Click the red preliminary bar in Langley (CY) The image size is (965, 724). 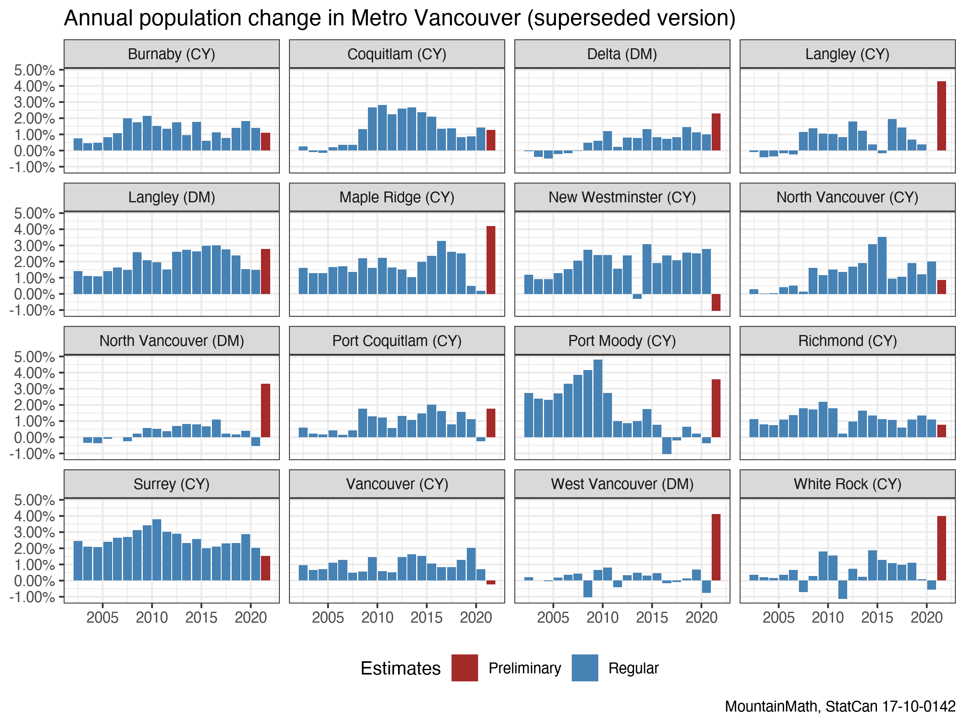tap(941, 116)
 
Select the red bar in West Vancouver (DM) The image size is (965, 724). tap(716, 547)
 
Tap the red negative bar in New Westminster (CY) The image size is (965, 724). tap(716, 302)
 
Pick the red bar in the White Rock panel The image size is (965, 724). tap(941, 548)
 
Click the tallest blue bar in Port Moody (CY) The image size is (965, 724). tap(597, 398)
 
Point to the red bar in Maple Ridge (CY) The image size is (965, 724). tap(491, 260)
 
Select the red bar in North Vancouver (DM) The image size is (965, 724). tap(265, 410)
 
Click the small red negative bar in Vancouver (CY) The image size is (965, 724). tap(491, 582)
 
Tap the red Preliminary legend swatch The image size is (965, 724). tap(465, 668)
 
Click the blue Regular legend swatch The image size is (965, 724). tap(585, 668)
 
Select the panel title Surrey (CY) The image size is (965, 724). tap(171, 484)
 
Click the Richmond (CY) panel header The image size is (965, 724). tap(847, 340)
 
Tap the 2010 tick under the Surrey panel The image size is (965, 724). tap(152, 617)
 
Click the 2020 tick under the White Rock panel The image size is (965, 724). tap(927, 617)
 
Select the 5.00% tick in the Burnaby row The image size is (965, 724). tap(35, 70)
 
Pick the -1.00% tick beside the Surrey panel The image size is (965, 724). tap(33, 597)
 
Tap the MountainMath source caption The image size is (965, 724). tap(840, 706)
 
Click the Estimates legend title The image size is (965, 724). tap(400, 668)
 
